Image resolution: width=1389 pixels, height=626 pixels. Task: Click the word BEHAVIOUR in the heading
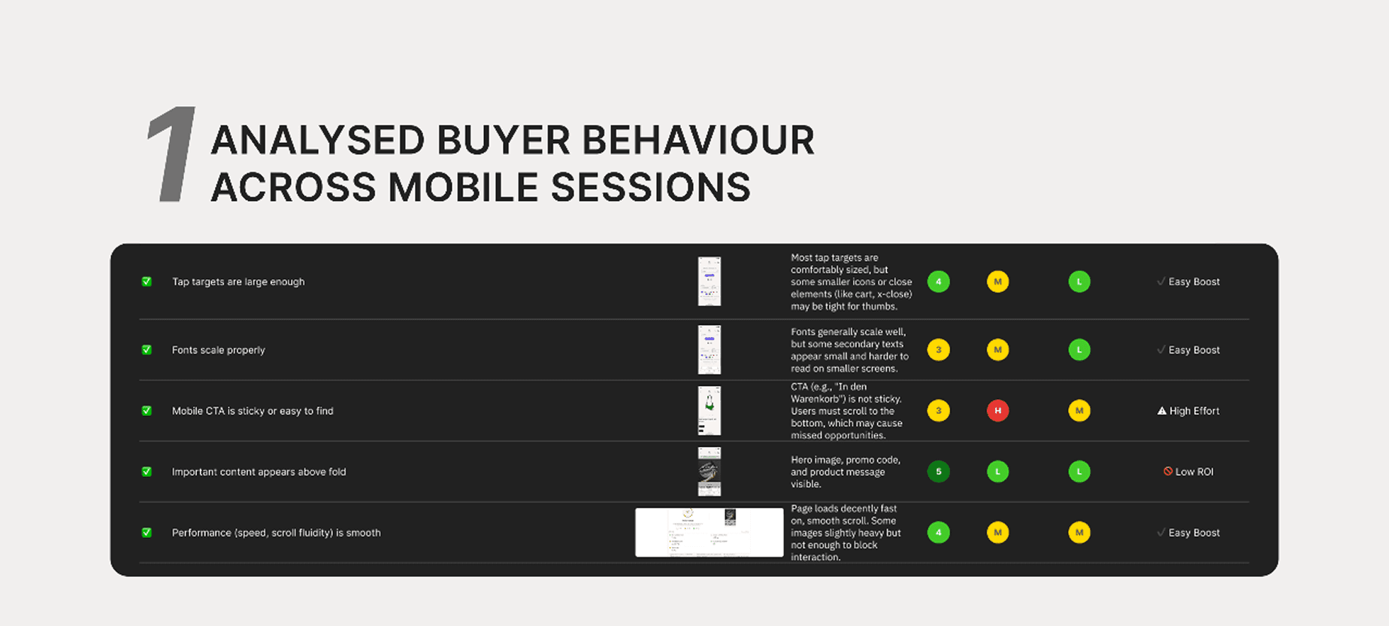coord(698,141)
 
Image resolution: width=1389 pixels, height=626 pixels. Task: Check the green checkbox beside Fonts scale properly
coord(147,350)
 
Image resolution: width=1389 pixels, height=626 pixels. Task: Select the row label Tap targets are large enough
coord(238,281)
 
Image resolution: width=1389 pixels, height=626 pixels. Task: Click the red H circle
coord(997,411)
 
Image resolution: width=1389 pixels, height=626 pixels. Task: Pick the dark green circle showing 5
coord(938,472)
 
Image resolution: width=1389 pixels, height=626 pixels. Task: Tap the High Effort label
coord(1194,411)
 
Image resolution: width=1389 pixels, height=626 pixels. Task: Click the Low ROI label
coord(1194,472)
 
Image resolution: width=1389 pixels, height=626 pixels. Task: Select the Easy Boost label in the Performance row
coord(1194,533)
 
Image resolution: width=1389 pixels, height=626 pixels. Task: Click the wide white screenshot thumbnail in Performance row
coord(709,532)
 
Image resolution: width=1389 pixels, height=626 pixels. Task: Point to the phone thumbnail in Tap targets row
coord(709,281)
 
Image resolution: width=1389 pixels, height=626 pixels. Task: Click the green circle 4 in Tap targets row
coord(938,281)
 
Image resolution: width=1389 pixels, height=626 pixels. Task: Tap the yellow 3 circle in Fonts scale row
coord(938,350)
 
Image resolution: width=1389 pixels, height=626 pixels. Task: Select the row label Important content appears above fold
coord(259,472)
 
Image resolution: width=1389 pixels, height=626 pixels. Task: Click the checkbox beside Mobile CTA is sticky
coord(147,411)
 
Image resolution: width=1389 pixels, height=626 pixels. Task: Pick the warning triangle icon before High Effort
coord(1161,411)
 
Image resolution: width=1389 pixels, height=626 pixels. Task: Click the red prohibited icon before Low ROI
coord(1168,471)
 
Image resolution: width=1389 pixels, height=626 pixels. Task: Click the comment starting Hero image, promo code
coord(845,472)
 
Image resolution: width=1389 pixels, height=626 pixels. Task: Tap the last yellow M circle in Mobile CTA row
coord(1079,411)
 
